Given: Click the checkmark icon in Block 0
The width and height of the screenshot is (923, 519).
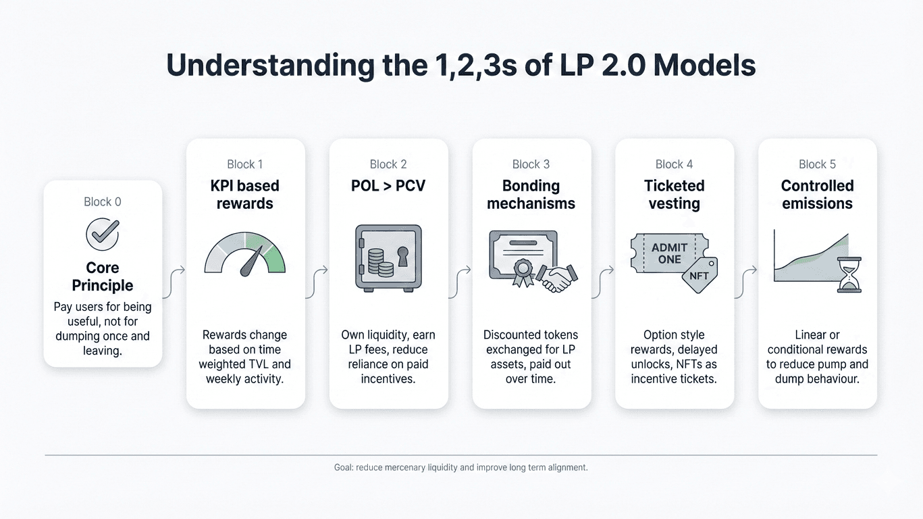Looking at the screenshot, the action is click(103, 234).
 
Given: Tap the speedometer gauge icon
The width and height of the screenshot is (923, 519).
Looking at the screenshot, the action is click(244, 255).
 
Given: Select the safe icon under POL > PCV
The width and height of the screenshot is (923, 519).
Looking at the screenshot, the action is click(388, 258).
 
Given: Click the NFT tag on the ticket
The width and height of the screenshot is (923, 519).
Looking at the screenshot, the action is click(699, 275).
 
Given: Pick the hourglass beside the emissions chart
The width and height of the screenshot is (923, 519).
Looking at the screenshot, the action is click(849, 274).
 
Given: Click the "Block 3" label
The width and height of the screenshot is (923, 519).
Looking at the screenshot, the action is click(531, 164).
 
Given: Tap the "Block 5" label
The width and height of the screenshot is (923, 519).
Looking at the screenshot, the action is click(817, 164).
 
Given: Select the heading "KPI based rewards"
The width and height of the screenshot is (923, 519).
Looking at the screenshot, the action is click(244, 195).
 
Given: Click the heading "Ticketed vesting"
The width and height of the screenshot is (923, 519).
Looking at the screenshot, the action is click(674, 195).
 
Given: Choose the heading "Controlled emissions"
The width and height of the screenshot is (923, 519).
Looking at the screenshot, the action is click(817, 195).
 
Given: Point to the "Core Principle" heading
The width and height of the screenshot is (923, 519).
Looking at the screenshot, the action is click(103, 276).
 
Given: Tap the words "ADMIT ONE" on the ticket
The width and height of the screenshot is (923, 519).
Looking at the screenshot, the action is click(669, 253).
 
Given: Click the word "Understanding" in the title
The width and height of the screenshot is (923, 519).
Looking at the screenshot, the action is click(269, 66).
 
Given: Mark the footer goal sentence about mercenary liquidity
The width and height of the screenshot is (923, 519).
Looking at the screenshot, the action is click(460, 467).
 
